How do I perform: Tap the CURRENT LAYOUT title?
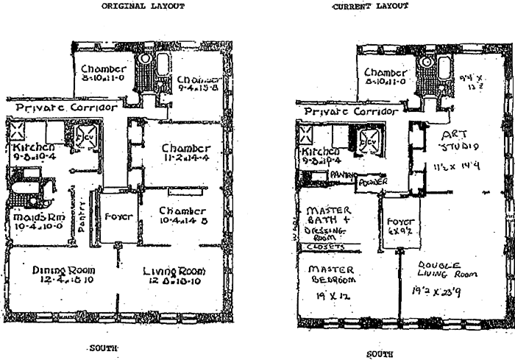[370, 7]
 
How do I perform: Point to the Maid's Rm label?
[30, 218]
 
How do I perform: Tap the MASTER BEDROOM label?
[328, 274]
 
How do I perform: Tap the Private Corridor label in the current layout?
[347, 111]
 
